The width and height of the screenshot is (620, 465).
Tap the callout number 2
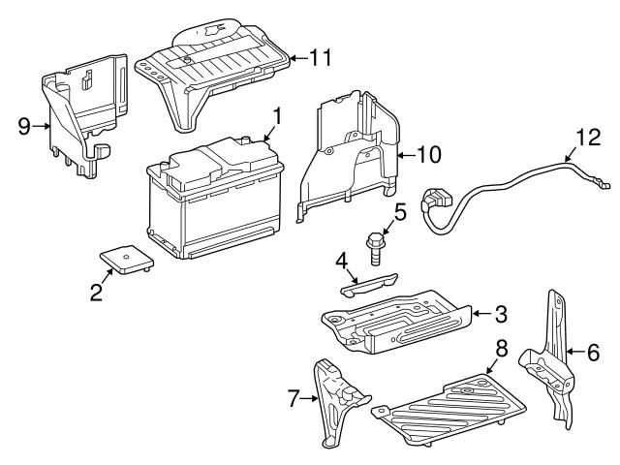click(96, 291)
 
